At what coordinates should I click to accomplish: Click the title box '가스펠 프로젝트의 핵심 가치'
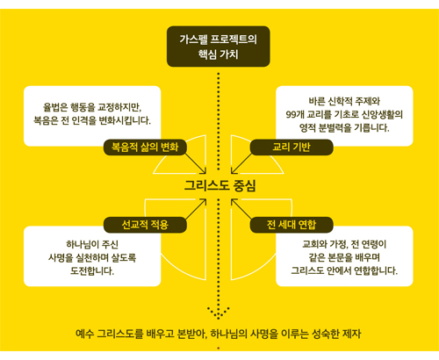(219, 47)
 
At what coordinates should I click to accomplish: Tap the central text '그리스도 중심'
(219, 185)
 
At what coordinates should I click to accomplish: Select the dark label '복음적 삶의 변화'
(145, 147)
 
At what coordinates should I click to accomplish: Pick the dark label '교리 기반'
(291, 147)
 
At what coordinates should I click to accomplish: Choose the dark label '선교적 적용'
(145, 225)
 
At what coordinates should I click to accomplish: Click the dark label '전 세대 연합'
(291, 225)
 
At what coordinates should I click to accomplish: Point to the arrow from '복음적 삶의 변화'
(196, 163)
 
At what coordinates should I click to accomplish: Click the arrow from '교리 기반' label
(241, 163)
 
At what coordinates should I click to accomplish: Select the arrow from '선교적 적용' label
(196, 209)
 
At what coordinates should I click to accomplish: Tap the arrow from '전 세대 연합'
(241, 209)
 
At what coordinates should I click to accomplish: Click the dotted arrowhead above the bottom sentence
(219, 313)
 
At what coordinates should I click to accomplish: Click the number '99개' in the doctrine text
(295, 114)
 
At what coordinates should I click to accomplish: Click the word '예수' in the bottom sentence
(84, 334)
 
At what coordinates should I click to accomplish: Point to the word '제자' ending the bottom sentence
(352, 334)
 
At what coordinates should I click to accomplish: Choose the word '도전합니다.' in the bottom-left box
(92, 270)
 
